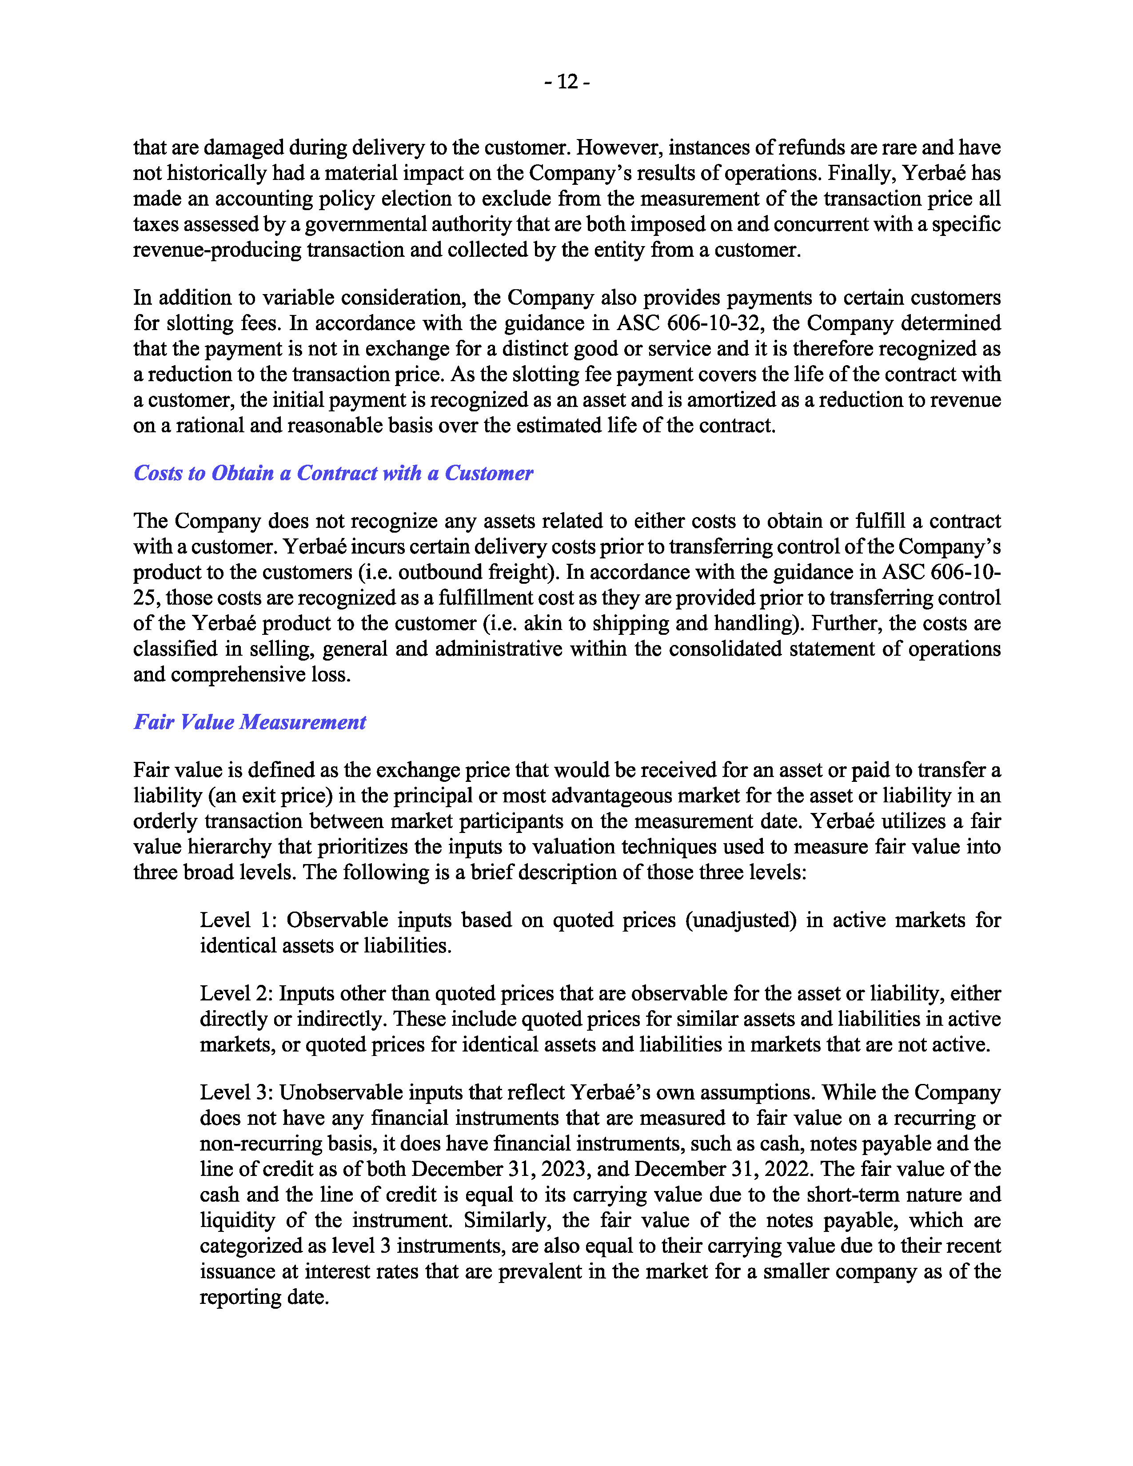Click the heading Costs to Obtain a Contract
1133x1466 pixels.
pyautogui.click(x=333, y=473)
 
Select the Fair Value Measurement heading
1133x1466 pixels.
pyautogui.click(x=250, y=722)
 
